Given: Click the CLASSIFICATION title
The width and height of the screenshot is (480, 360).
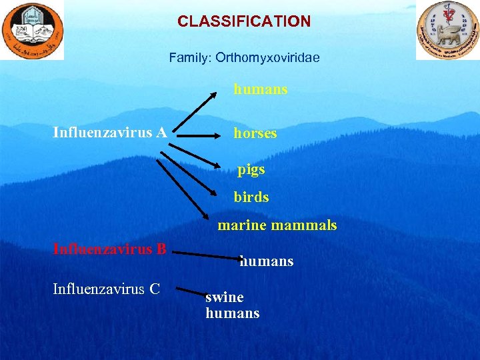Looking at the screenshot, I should (244, 21).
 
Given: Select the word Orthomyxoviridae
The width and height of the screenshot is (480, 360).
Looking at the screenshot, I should (266, 58).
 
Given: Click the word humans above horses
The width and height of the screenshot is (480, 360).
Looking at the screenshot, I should (260, 89).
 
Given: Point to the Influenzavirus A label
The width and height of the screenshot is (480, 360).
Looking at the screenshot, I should (110, 133).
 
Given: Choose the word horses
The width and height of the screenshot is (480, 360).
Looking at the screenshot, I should (255, 133).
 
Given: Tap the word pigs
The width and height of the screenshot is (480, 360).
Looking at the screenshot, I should (251, 169).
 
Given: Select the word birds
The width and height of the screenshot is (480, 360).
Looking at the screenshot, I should (251, 197).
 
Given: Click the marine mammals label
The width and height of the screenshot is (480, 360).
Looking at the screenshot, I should (277, 225).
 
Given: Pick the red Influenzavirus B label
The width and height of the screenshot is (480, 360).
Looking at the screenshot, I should (109, 250).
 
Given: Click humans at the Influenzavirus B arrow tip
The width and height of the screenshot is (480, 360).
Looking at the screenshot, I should (267, 261).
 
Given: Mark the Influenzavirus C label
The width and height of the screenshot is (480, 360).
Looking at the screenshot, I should (107, 289).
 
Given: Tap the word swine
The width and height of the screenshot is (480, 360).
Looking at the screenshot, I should (225, 297).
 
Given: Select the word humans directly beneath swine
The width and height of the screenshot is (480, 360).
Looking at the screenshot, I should (233, 313).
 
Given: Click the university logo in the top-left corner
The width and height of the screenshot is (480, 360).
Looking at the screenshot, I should (32, 30).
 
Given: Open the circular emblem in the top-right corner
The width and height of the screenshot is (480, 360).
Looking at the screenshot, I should (447, 30).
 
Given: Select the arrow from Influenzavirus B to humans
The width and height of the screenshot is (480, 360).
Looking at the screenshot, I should (207, 254).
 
